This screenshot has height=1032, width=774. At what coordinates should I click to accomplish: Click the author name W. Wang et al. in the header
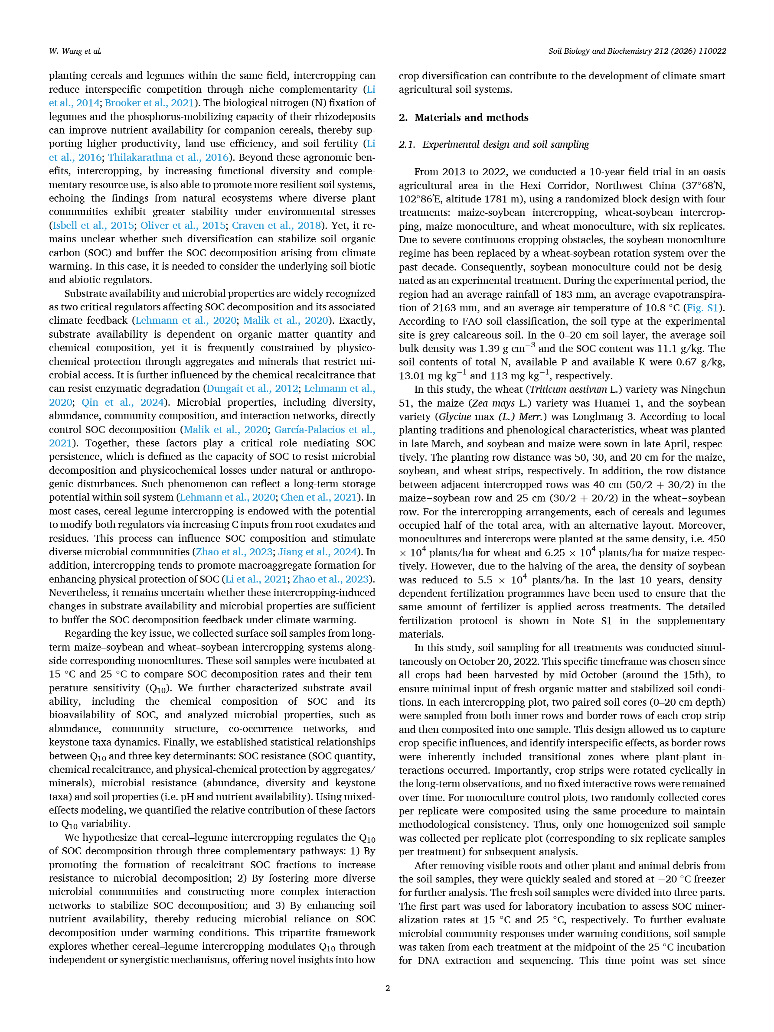[75, 51]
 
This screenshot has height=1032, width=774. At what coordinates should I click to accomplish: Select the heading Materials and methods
[471, 117]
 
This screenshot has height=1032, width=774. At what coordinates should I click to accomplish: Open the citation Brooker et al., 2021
[150, 103]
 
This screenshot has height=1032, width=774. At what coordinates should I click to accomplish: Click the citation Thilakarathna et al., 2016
[169, 158]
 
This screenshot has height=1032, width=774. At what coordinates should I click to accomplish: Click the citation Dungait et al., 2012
[252, 389]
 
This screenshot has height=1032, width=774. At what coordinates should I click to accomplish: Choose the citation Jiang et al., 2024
[317, 552]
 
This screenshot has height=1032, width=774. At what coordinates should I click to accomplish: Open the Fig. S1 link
[702, 308]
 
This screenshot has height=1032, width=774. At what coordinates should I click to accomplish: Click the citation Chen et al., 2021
[319, 497]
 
